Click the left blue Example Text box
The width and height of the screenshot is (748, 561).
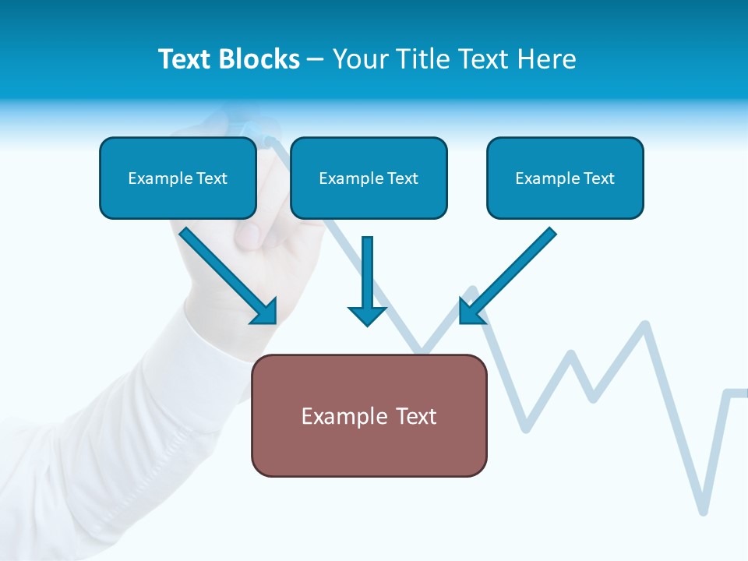click(x=178, y=178)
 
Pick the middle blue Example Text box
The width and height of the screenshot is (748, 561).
click(x=369, y=178)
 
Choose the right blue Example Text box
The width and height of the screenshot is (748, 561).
click(x=565, y=178)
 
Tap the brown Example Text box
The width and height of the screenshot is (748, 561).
click(x=369, y=416)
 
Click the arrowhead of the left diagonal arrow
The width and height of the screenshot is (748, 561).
click(x=266, y=312)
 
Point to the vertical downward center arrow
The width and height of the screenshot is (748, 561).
click(x=367, y=280)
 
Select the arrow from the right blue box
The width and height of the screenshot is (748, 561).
click(x=506, y=277)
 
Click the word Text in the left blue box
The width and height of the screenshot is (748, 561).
click(x=212, y=178)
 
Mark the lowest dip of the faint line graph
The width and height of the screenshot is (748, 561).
click(x=704, y=510)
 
